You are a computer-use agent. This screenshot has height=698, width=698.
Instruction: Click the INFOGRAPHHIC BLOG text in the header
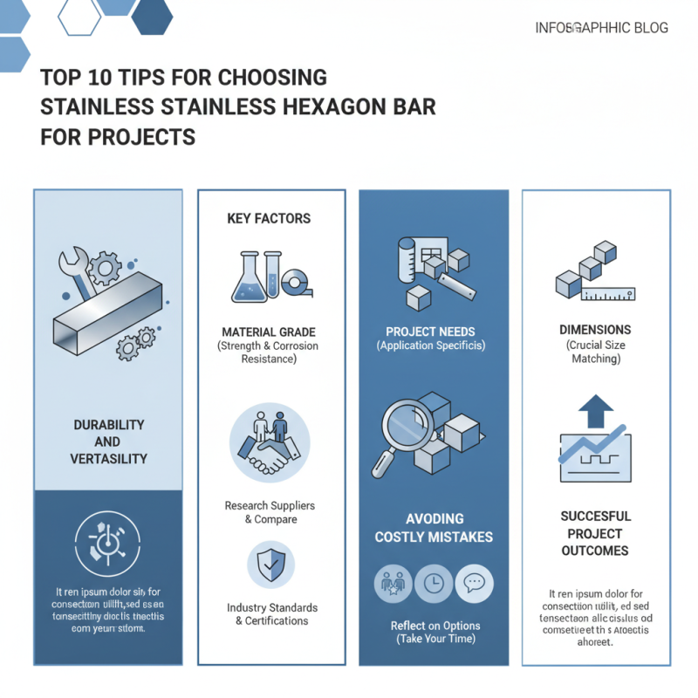point(601,28)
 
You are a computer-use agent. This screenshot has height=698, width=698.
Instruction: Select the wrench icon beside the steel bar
point(75,272)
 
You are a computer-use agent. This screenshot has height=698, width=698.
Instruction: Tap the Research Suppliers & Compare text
point(270,512)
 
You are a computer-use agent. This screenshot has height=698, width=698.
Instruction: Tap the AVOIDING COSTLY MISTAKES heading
point(434,528)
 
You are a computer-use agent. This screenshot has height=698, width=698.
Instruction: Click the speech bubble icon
point(475,583)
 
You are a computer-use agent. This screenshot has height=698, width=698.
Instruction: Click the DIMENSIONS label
point(596,331)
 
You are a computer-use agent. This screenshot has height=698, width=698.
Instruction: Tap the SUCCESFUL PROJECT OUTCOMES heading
point(594,534)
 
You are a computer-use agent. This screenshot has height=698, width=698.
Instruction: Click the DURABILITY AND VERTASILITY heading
point(107,441)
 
